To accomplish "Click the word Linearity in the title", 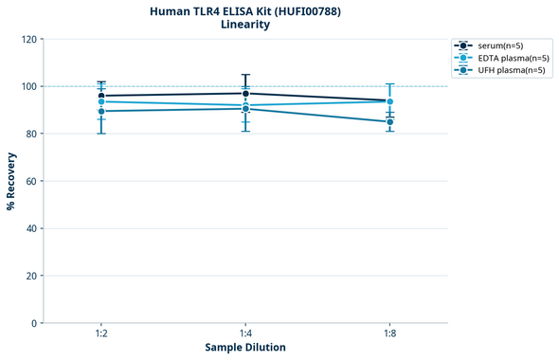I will tap(245, 25).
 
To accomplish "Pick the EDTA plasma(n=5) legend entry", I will tap(507, 58).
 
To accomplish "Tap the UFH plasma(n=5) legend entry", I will tap(506, 70).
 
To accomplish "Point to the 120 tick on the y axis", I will tap(29, 39).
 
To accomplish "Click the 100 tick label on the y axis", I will tap(29, 86).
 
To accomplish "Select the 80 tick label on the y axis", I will tap(31, 134).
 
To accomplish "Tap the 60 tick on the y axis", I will tap(31, 181).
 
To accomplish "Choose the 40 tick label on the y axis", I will tap(31, 228).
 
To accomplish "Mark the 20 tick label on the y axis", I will tap(31, 276).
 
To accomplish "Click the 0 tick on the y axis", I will tap(34, 323).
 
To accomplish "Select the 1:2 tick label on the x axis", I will tap(101, 334).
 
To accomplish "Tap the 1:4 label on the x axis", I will tap(245, 334).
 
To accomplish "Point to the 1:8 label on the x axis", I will tap(389, 334).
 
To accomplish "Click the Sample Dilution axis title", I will tap(245, 348).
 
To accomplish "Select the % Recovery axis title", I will tap(11, 181).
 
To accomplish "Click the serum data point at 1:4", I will tap(245, 93).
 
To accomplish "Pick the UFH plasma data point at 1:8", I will tap(389, 121).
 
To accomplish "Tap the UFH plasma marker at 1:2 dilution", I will tap(101, 111).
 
